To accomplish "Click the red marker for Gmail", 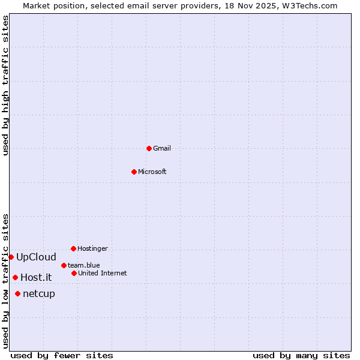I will coord(149,148).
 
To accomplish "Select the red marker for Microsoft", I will coord(134,172).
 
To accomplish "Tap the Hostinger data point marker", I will coord(73,248).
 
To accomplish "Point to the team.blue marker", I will coord(64,265).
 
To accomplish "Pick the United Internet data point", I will coord(74,273).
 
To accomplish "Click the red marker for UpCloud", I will coord(11,257).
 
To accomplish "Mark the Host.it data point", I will coord(15,277).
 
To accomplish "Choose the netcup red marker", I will coord(17,293).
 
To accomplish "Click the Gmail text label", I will coord(162,148).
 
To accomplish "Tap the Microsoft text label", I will coord(152,172).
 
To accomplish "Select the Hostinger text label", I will coord(92,248).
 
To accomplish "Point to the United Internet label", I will coord(103,273).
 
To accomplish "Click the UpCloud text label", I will coord(36,257).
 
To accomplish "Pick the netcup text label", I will coord(39,293).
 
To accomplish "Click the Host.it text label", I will coord(36,277).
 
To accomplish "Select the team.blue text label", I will coord(84,265).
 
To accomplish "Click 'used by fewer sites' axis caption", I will coord(62,355).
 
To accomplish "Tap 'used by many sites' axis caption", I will coord(301,355).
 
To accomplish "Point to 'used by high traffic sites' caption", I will coord(5,86).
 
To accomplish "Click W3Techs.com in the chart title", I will coord(310,5).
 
